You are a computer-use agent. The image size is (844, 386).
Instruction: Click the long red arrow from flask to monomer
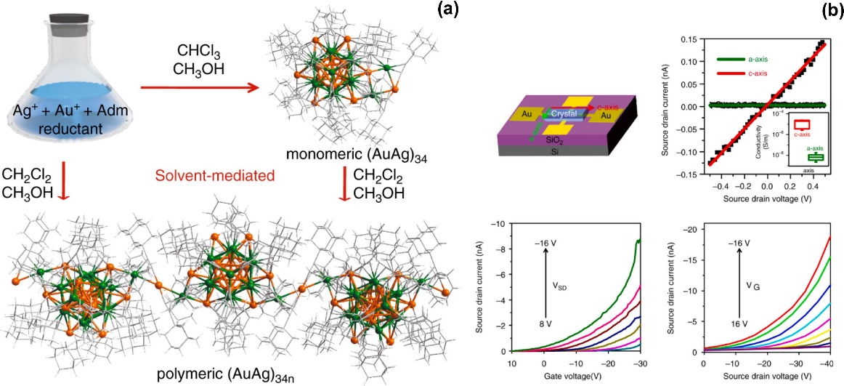(x=200, y=88)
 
